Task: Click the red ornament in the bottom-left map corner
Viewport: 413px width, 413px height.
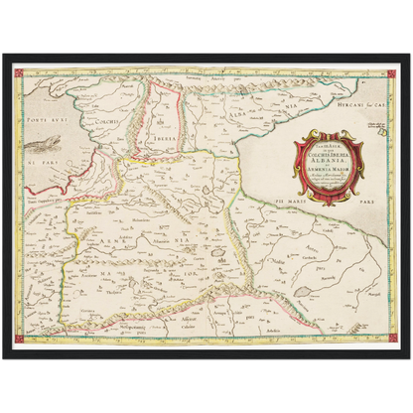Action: tap(20, 340)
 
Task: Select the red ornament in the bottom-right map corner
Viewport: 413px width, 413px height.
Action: tap(393, 340)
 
